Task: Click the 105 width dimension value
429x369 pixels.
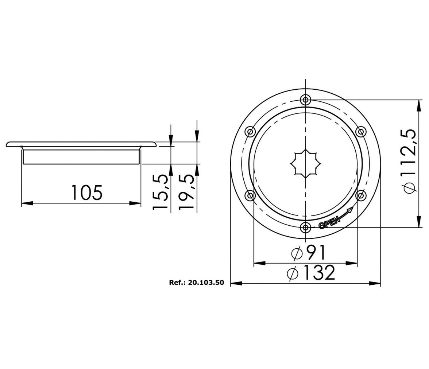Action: (87, 192)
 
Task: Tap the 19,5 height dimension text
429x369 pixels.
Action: (187, 193)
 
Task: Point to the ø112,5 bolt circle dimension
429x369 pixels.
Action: (409, 162)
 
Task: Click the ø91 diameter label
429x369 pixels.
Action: (308, 253)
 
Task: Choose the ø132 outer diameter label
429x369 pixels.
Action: (311, 272)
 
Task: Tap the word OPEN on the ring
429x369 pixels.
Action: (330, 222)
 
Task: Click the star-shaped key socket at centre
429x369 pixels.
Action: (305, 164)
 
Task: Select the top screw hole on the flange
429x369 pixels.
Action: (305, 100)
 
